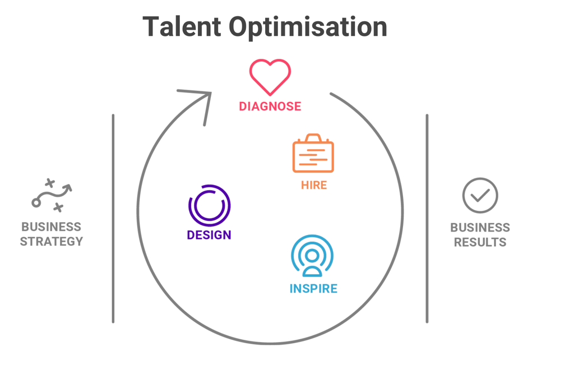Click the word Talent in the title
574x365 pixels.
180,27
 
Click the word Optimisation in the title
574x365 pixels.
308,27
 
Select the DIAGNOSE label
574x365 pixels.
270,107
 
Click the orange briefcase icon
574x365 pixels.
313,154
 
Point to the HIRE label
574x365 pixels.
314,185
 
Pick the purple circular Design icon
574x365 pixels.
210,206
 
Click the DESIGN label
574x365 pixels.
209,235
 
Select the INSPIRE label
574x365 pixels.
313,289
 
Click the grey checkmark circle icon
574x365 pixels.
480,196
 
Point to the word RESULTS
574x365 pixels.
480,242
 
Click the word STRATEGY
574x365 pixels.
52,242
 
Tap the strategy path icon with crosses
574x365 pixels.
52,195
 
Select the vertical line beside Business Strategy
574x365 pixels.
113,219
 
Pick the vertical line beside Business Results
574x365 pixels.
427,219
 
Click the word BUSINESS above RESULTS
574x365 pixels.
480,228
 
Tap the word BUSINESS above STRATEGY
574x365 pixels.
52,227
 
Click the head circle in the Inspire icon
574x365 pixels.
312,256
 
